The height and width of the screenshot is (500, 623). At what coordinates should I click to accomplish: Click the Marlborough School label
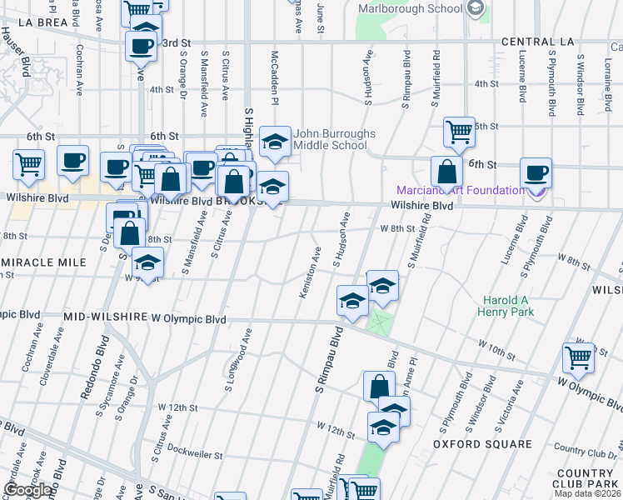(410, 8)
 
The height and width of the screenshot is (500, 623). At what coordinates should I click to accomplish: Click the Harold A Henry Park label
(506, 306)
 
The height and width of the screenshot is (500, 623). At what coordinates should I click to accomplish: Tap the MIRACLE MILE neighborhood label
(43, 262)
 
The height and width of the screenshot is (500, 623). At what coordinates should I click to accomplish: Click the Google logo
(27, 491)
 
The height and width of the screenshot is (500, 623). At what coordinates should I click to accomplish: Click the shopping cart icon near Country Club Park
(578, 357)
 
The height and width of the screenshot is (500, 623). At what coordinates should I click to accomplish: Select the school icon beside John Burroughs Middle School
(275, 142)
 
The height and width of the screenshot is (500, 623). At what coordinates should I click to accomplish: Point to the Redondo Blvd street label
(94, 367)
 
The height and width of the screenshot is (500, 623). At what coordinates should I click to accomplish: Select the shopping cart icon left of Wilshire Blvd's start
(29, 163)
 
